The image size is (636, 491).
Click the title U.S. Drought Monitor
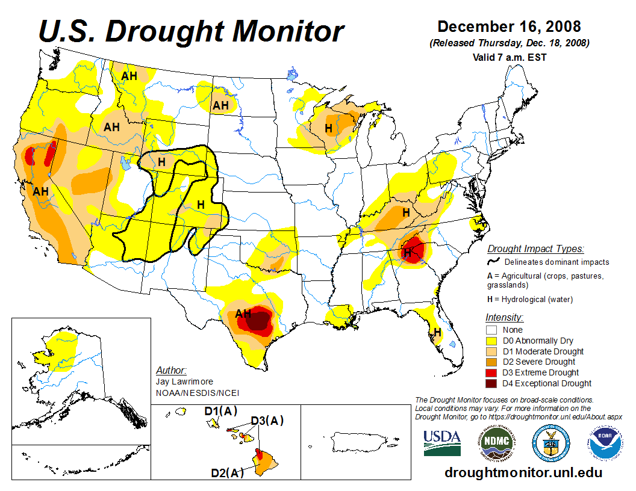click(192, 31)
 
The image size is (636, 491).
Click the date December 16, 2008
click(509, 26)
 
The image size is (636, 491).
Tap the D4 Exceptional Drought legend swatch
click(491, 383)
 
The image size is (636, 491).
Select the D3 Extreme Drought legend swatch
click(491, 372)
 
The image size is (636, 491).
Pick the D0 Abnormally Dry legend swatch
click(491, 341)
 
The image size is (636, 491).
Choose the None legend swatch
click(491, 330)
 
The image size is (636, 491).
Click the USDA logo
click(442, 443)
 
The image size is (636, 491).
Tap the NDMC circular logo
click(497, 443)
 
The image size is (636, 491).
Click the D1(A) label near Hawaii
click(221, 412)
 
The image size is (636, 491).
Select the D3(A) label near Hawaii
click(267, 421)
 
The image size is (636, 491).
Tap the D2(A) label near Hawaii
click(228, 473)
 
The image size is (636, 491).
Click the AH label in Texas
click(243, 313)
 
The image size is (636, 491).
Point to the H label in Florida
click(438, 332)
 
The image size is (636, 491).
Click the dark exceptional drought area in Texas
click(260, 321)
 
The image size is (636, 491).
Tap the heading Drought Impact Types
click(535, 249)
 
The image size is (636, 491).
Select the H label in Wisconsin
click(328, 128)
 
